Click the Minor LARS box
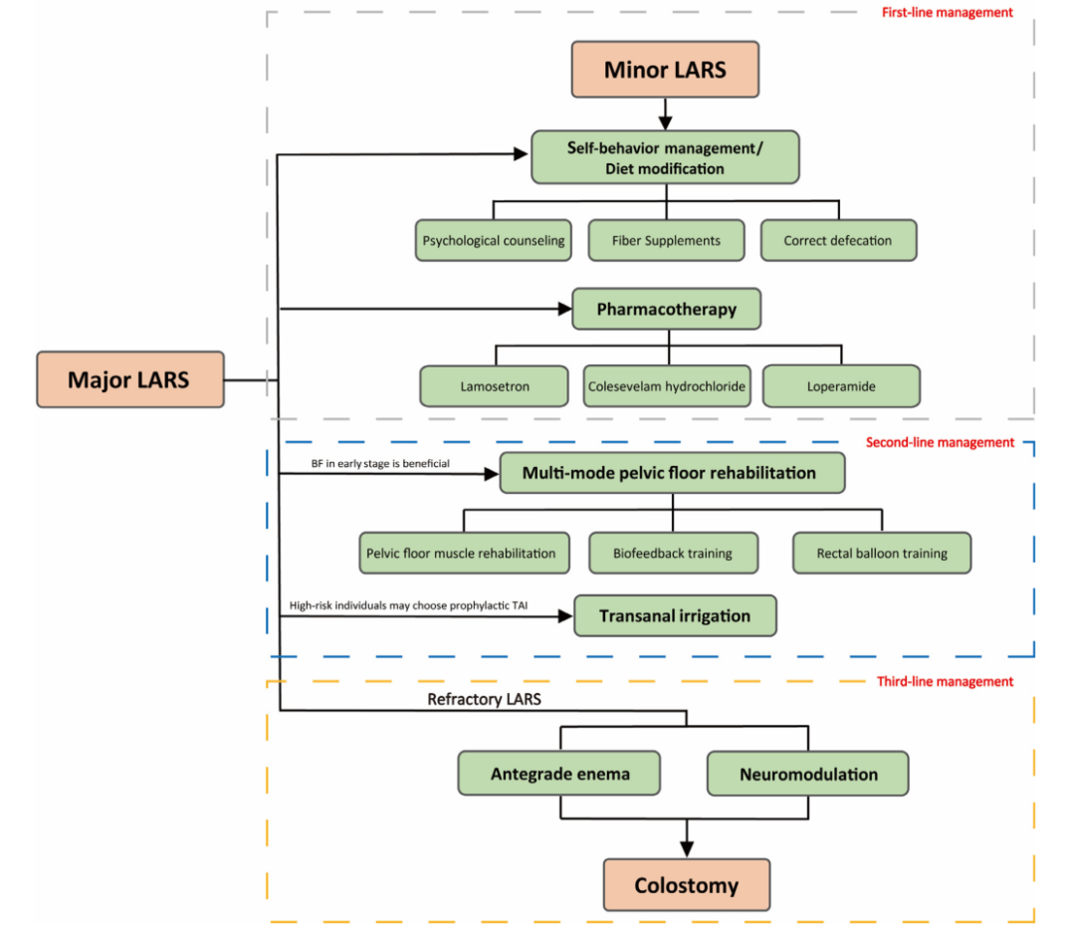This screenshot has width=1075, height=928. (665, 70)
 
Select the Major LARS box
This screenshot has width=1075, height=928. (130, 379)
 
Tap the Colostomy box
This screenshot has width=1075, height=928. (686, 885)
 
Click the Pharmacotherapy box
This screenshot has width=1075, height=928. (666, 309)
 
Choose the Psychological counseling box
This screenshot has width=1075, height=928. (493, 240)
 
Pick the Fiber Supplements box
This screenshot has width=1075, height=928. (666, 240)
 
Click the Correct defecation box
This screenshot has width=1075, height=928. (838, 240)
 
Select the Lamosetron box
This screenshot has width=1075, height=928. (494, 386)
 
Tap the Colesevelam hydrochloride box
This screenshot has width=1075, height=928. (666, 386)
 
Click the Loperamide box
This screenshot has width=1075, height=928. (841, 386)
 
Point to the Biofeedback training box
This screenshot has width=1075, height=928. (673, 553)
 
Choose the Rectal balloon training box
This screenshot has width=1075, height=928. (882, 553)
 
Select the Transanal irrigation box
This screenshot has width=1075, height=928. (675, 616)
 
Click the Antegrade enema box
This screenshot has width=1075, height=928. (558, 773)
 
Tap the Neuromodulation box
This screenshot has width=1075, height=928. (807, 773)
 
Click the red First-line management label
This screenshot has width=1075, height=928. (947, 12)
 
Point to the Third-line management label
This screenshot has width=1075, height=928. (945, 681)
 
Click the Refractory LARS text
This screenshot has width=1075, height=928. (484, 699)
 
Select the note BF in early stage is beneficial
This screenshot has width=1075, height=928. (380, 464)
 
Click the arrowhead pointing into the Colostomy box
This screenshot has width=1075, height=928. (686, 848)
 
